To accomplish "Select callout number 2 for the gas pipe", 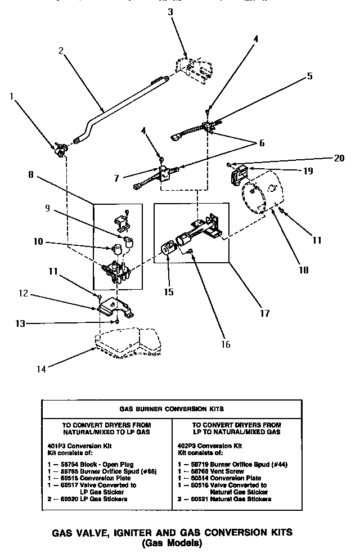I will pyautogui.click(x=61, y=51).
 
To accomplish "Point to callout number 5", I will pyautogui.click(x=310, y=77).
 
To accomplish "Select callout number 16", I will pyautogui.click(x=226, y=344).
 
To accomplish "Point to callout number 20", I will pyautogui.click(x=338, y=158).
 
